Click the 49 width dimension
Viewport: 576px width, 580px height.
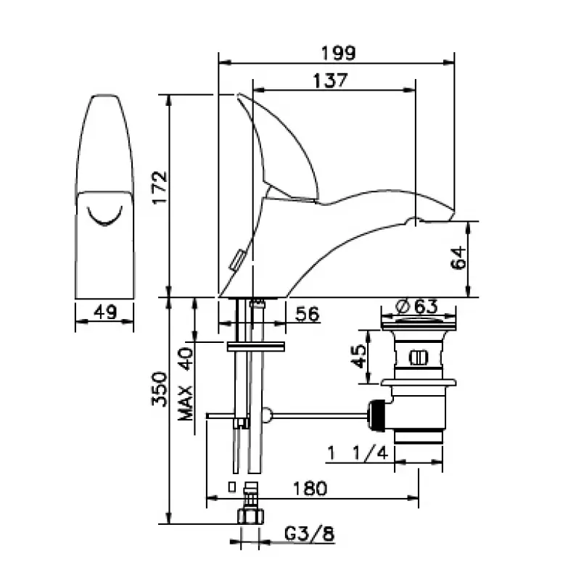(105, 312)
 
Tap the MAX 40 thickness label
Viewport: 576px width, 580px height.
(186, 383)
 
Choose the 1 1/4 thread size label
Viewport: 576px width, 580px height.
(358, 453)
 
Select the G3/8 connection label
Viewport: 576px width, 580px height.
(308, 534)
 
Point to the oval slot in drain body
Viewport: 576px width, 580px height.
(419, 357)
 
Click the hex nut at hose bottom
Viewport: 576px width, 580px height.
(250, 518)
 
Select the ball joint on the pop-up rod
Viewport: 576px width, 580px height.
(267, 415)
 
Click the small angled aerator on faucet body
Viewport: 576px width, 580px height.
(236, 260)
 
